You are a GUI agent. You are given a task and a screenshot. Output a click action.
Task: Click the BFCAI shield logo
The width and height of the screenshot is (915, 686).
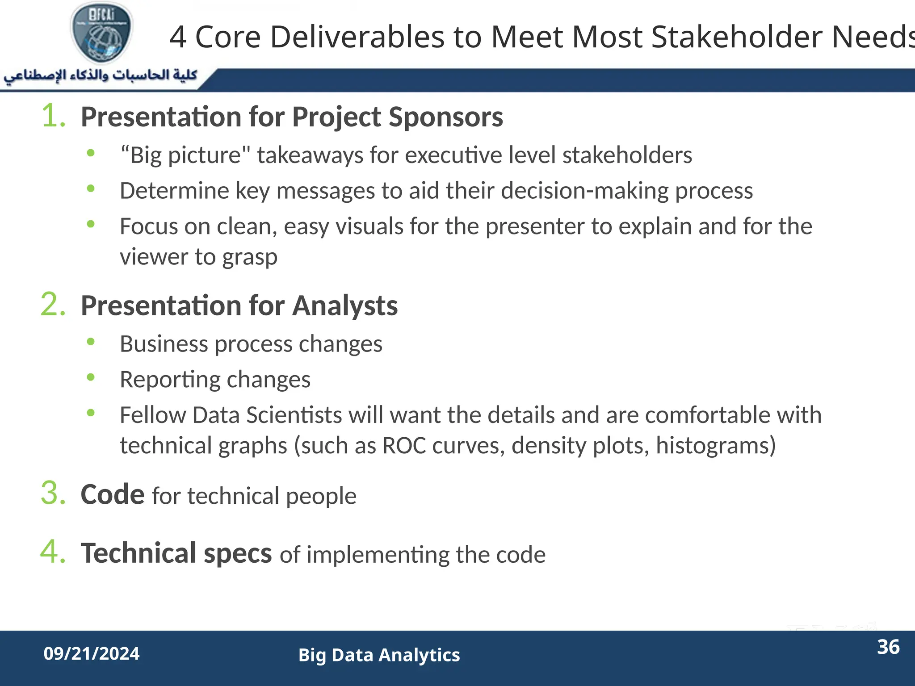(102, 33)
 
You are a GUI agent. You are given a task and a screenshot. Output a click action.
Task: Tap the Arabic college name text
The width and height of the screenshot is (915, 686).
(100, 75)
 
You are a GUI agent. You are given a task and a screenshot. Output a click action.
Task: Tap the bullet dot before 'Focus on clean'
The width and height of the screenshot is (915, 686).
(91, 224)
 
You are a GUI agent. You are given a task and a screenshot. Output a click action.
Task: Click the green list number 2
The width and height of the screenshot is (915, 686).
(53, 305)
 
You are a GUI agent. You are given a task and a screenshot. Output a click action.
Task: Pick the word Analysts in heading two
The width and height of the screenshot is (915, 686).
(345, 306)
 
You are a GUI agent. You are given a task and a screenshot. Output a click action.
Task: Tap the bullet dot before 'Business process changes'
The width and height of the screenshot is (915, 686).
(91, 342)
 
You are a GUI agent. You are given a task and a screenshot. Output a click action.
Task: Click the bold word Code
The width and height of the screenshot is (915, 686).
(112, 494)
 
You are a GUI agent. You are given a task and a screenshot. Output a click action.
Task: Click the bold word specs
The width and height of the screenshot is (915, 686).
(237, 553)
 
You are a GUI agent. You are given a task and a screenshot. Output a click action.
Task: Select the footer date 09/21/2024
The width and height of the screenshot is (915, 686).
(92, 653)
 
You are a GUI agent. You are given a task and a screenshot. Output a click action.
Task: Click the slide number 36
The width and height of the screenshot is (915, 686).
(888, 647)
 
